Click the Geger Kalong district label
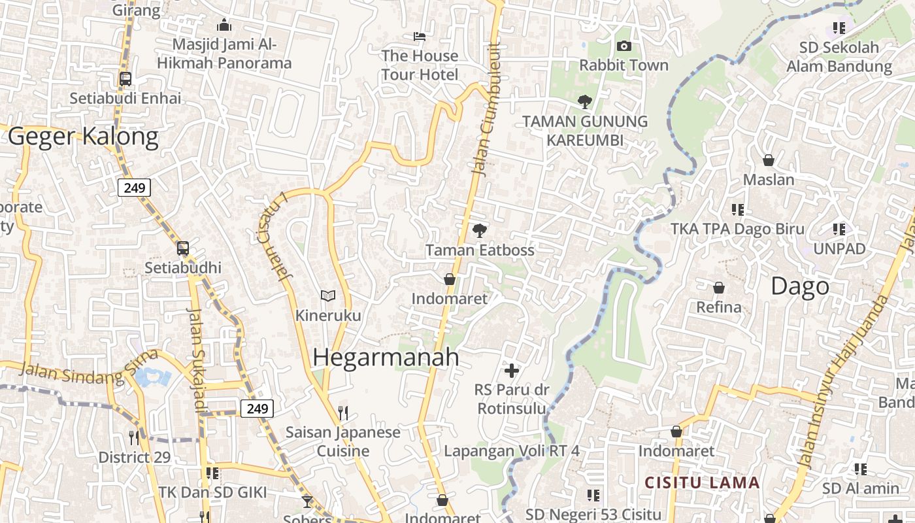pyautogui.click(x=83, y=137)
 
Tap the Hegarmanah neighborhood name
pyautogui.click(x=386, y=357)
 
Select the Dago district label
pyautogui.click(x=800, y=286)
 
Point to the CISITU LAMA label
pyautogui.click(x=702, y=483)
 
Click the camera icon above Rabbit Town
pyautogui.click(x=624, y=46)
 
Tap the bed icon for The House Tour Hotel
pyautogui.click(x=420, y=36)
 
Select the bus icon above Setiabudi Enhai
pyautogui.click(x=125, y=79)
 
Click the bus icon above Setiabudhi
pyautogui.click(x=183, y=248)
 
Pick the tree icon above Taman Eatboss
pyautogui.click(x=480, y=230)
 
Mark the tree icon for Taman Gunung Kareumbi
pyautogui.click(x=585, y=102)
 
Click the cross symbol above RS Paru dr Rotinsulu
pyautogui.click(x=512, y=371)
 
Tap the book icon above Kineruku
pyautogui.click(x=328, y=296)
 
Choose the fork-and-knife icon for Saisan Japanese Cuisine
pyautogui.click(x=342, y=413)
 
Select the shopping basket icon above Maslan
pyautogui.click(x=769, y=160)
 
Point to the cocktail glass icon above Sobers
pyautogui.click(x=307, y=501)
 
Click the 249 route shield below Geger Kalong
pyautogui.click(x=134, y=188)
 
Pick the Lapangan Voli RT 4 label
pyautogui.click(x=512, y=451)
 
